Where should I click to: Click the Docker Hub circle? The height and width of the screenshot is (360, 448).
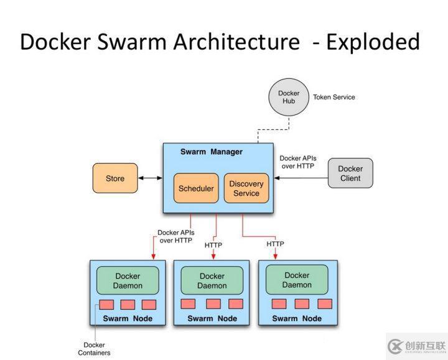(289, 98)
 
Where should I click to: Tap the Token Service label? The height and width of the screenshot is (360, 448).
(334, 97)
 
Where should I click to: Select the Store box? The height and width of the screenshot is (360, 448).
(115, 178)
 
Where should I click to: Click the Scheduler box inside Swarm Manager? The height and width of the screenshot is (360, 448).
(196, 188)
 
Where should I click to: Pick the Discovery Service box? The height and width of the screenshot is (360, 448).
(246, 188)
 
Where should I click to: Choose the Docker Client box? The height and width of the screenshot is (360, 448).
(350, 173)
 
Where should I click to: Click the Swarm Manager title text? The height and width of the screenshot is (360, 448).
(212, 152)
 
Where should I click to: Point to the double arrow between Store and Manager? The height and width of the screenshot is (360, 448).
(150, 178)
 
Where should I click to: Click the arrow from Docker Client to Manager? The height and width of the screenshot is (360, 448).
(301, 178)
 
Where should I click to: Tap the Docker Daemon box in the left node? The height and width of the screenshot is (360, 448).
(128, 281)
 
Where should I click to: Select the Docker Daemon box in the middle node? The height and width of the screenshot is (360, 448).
(212, 281)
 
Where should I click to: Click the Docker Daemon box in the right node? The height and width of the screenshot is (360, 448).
(297, 280)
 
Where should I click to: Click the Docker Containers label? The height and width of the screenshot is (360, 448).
(95, 349)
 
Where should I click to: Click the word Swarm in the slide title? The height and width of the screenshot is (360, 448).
(130, 42)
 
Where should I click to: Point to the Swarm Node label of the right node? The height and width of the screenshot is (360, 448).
(297, 318)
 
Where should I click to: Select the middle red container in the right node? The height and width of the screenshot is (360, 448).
(301, 303)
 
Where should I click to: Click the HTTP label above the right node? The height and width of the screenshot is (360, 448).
(275, 244)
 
